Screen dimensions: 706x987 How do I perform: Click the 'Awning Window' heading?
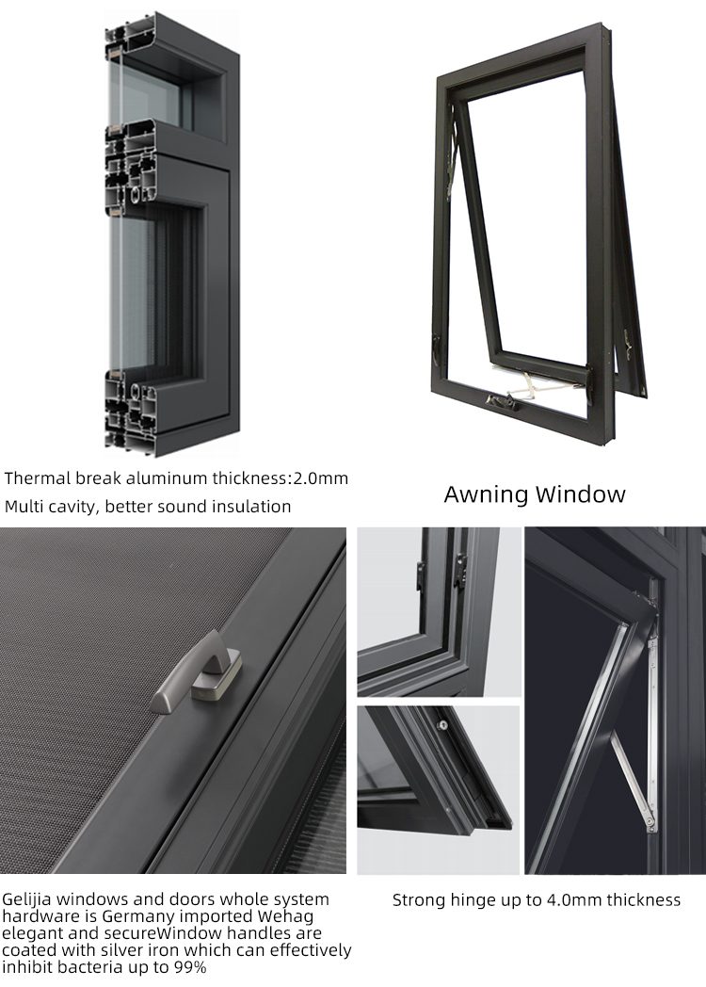tap(535, 494)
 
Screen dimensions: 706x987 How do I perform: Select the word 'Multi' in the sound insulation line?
tap(21, 507)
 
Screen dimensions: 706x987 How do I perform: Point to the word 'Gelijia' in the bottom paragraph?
tap(27, 899)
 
